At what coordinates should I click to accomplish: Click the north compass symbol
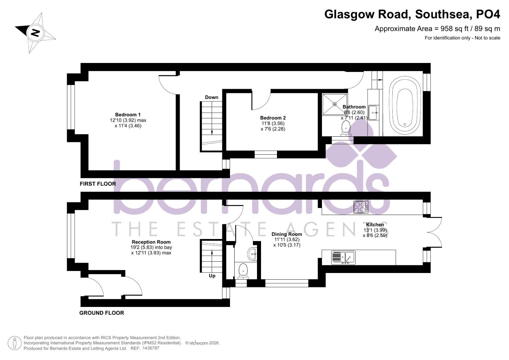tap(35, 33)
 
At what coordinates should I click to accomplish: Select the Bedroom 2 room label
tap(273, 118)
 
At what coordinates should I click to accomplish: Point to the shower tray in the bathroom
tap(334, 104)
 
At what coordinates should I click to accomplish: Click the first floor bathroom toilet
tap(345, 128)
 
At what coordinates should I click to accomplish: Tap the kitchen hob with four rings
tap(361, 207)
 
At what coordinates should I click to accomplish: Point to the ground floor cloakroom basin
tap(252, 254)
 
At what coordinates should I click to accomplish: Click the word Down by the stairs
tap(211, 97)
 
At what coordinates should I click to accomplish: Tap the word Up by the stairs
tap(212, 276)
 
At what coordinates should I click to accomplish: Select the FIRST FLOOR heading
tap(98, 184)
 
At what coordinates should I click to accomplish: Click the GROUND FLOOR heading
tap(101, 313)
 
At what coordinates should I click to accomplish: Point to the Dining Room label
tap(286, 234)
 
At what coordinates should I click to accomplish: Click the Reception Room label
tap(151, 242)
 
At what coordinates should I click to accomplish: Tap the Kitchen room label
tap(375, 225)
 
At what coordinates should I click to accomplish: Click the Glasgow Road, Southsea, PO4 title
tap(412, 14)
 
